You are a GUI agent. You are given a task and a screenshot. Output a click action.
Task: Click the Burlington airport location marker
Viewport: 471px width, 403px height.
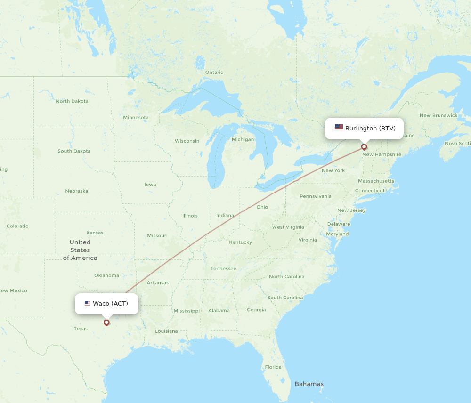tap(364, 147)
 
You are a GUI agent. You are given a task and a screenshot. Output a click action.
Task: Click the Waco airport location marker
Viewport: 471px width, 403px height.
tap(106, 322)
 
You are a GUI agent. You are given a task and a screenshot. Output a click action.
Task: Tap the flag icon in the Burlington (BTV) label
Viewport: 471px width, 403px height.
tap(339, 128)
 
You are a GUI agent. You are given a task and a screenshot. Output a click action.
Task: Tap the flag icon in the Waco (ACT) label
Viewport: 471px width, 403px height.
tap(88, 304)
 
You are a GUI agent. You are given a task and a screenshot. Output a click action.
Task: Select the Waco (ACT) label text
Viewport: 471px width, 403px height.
tap(110, 304)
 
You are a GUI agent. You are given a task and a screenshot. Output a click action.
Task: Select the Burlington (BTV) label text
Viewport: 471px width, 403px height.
tap(370, 128)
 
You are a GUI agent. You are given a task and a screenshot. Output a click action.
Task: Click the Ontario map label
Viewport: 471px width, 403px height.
tap(214, 73)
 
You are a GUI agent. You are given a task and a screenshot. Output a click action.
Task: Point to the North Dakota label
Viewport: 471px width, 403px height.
tap(72, 101)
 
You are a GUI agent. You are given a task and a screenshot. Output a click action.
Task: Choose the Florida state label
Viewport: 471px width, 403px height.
tap(273, 367)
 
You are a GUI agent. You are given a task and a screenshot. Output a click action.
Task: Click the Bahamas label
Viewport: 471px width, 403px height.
tap(309, 384)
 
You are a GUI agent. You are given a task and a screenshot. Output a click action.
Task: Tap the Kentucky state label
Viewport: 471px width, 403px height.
tap(240, 242)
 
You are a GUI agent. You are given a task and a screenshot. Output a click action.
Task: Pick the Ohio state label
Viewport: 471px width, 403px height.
tap(262, 207)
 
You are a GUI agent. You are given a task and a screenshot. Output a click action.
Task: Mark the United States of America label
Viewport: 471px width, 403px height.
tap(80, 250)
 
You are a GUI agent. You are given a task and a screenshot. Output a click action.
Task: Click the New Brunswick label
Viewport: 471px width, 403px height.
tap(439, 115)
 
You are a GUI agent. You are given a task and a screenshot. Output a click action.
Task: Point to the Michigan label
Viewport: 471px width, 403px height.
tap(243, 139)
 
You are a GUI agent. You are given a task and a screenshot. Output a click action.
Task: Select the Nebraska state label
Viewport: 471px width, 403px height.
tap(76, 191)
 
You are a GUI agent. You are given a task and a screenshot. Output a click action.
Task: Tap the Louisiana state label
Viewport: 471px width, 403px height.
tap(166, 331)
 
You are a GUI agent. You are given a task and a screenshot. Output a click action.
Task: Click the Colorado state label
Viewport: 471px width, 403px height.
tap(17, 226)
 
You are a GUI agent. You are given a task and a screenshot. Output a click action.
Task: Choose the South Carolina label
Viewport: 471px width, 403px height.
tap(285, 298)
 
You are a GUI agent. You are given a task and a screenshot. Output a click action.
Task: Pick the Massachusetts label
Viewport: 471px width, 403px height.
tap(376, 181)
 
